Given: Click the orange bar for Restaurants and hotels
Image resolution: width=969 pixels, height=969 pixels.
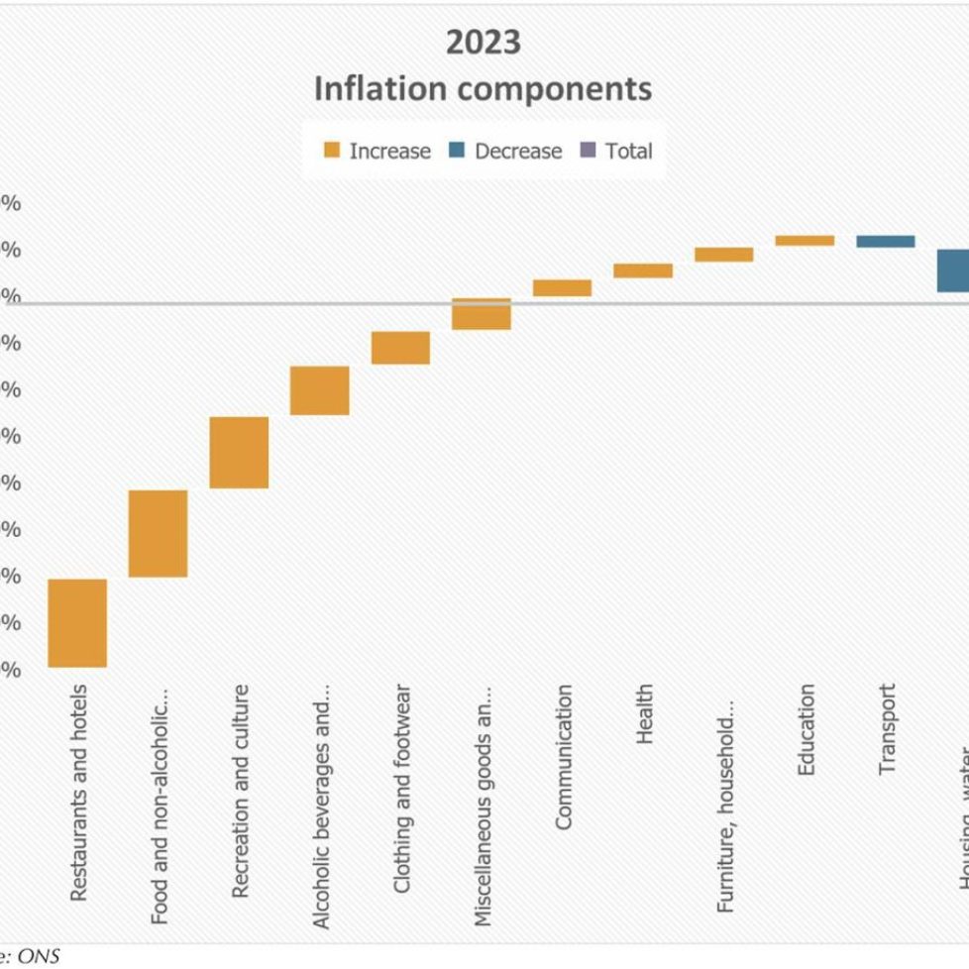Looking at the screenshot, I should (77, 623).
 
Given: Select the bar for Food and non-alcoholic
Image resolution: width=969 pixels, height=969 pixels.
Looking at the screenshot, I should (159, 533).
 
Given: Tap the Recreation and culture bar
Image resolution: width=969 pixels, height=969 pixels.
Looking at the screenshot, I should (239, 452).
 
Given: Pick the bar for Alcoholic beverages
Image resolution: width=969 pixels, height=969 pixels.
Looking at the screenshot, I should (320, 390).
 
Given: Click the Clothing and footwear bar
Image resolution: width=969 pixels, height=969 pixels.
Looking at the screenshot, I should (400, 348).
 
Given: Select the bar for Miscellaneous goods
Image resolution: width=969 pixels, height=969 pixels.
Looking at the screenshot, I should (482, 314).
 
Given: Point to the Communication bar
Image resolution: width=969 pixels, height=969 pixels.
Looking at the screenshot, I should (562, 288).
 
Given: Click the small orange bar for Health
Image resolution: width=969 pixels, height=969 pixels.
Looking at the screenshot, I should (643, 270).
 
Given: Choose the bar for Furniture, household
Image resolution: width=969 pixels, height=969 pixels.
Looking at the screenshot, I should (723, 255).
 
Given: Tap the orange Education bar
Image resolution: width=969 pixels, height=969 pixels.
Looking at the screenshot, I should (805, 241).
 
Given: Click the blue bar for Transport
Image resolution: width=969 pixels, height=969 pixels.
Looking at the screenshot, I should (886, 242).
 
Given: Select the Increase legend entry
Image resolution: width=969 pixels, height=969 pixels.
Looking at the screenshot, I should (377, 152).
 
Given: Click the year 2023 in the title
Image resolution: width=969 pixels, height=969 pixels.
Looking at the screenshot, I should (483, 43).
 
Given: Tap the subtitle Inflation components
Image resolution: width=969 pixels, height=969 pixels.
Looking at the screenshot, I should (483, 88).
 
